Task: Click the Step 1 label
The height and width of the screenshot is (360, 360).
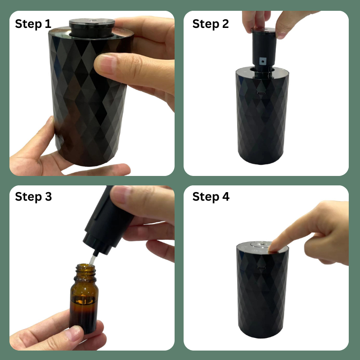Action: coord(33,24)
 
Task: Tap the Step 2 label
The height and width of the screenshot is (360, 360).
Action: coord(211,24)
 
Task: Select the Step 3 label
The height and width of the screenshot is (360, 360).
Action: coord(33,197)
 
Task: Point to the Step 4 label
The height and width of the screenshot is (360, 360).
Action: coord(211,197)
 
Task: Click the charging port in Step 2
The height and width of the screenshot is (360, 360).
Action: coord(261,94)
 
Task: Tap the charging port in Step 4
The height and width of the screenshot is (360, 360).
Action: coord(261,268)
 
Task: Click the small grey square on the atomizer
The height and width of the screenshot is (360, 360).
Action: coord(263,61)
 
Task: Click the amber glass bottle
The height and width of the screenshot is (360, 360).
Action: coord(84,298)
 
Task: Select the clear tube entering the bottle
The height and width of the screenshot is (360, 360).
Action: coord(92,260)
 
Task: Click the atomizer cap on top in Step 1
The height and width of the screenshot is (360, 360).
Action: coord(92,28)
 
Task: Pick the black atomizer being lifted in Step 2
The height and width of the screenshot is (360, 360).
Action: coord(264,53)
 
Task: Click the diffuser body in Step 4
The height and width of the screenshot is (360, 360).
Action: coord(262,290)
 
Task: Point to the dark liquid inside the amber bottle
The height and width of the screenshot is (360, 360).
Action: coord(84,315)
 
